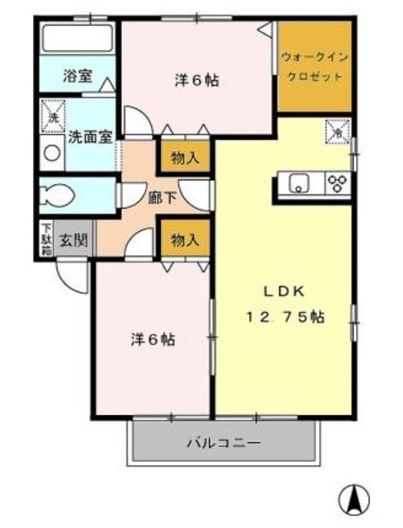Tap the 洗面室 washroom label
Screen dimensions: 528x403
pyautogui.click(x=91, y=136)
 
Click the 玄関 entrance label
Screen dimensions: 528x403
pyautogui.click(x=73, y=240)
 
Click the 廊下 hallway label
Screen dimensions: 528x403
pyautogui.click(x=160, y=198)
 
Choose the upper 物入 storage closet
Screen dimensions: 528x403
pyautogui.click(x=185, y=158)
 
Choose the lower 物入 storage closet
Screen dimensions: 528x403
pyautogui.click(x=185, y=240)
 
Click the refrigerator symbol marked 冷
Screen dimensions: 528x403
pyautogui.click(x=339, y=130)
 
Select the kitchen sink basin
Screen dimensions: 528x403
pyautogui.click(x=298, y=182)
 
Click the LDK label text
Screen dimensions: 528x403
pyautogui.click(x=285, y=290)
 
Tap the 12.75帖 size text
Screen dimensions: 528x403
pyautogui.click(x=285, y=317)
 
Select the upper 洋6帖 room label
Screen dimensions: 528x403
pyautogui.click(x=197, y=81)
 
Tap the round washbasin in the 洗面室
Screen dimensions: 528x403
pyautogui.click(x=52, y=153)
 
